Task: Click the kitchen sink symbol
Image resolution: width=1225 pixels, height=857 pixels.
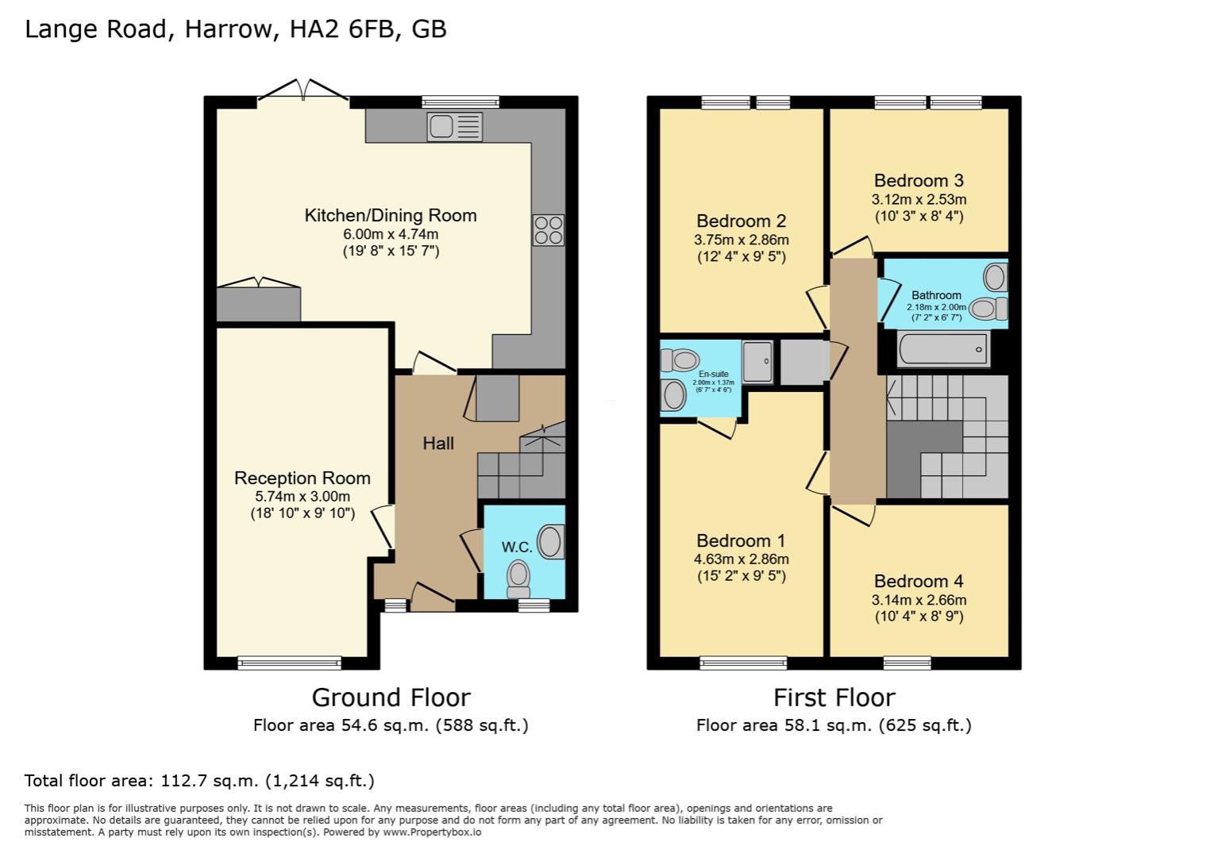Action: pos(454,127)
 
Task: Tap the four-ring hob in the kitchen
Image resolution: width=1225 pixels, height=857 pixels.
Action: pos(548,230)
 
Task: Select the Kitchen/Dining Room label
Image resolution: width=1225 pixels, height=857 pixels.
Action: pos(391,215)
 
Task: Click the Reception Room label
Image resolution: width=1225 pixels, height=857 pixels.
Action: pos(302,478)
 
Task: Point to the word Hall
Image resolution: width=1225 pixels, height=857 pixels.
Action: pos(438,444)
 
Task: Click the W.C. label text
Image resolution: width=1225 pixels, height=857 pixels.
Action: pos(516,547)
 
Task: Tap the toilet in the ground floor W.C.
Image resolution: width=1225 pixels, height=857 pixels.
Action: pos(519,577)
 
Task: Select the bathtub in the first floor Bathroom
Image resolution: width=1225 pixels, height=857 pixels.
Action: pos(943,350)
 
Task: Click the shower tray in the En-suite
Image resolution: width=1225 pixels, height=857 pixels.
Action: pos(757,362)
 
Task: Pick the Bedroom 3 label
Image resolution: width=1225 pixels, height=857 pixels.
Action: pos(919,180)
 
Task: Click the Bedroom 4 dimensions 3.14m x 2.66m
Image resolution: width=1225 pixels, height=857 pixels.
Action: pos(919,600)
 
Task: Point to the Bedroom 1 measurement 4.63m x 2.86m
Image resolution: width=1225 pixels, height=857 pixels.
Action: pos(741,559)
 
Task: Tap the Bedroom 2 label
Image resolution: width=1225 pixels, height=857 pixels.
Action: pos(741,221)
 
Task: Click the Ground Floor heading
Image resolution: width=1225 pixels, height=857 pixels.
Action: pos(391,698)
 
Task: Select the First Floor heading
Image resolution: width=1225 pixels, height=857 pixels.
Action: pos(834,698)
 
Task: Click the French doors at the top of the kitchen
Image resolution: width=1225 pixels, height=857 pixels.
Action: pos(302,90)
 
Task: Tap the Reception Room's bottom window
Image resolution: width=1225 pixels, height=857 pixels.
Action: pos(289,663)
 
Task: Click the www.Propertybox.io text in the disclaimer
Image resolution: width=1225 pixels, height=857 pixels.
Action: pos(432,832)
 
